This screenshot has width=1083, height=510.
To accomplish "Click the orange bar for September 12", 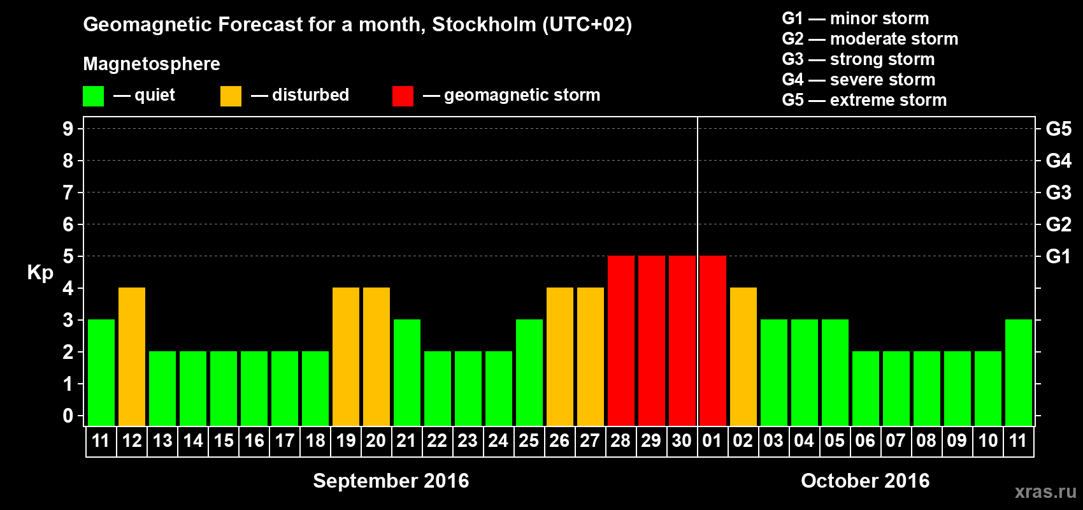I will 132,356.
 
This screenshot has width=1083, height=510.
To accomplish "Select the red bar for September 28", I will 621,340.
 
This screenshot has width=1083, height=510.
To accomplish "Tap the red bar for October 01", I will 713,340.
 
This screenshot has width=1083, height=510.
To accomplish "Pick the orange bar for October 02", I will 743,356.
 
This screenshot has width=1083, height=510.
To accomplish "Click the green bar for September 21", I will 407,372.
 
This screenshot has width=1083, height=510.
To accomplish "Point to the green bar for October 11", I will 1019,372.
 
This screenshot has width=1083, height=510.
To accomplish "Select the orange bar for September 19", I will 346,356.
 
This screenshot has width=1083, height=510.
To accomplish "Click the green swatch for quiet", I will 94,96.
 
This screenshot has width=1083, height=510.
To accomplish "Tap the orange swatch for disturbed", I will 231,96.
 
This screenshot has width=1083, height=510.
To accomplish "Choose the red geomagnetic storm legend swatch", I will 403,96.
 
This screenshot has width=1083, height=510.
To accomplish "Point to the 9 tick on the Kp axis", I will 68,129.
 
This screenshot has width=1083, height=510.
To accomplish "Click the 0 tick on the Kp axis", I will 68,416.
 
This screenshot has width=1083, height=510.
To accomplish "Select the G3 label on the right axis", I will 1058,193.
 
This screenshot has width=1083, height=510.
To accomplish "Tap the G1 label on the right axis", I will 1058,256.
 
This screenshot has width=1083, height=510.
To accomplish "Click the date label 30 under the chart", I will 682,441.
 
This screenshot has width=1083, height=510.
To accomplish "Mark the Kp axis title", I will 40,273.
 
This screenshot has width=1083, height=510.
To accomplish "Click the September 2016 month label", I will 391,481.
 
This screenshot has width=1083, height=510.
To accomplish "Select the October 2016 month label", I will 865,481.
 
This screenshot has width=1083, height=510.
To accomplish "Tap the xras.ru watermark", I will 1045,491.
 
